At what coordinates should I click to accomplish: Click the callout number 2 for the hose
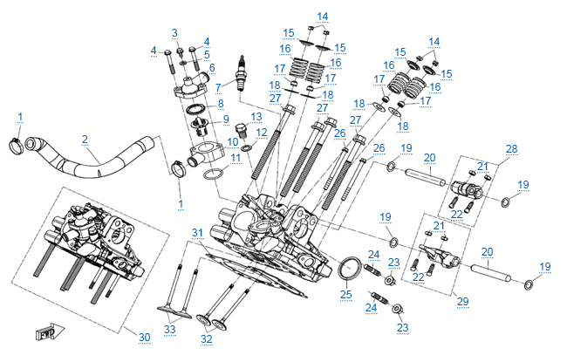pos(85,140)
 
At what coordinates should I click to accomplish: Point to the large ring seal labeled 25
pos(349,271)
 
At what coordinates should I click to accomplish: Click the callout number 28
pos(511,148)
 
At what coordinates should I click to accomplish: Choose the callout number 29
pos(462,301)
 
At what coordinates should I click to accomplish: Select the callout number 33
pos(169,328)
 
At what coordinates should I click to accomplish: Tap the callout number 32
pos(206,338)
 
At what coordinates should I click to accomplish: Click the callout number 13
pos(256,117)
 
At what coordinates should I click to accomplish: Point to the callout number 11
pos(236,158)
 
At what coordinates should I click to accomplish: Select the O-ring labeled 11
pos(212,177)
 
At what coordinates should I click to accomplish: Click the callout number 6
pos(211,67)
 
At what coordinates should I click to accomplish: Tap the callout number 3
pos(174,32)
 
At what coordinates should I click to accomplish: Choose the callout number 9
pos(225,120)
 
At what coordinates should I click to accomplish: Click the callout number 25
pos(345,294)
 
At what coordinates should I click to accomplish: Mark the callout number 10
pos(233,140)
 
